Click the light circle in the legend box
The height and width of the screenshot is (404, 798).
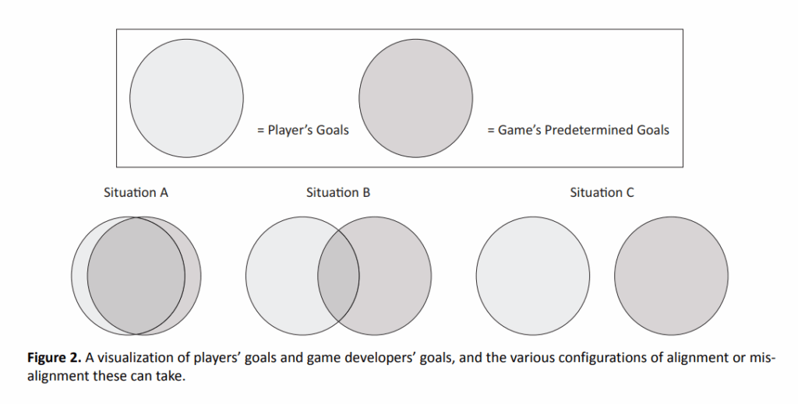[186, 98]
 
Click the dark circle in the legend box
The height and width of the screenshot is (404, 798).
[416, 98]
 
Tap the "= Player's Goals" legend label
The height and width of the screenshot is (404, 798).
[303, 130]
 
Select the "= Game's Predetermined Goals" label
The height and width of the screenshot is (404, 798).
[578, 130]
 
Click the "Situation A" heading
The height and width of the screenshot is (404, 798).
[136, 192]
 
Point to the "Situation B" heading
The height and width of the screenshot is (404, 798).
[338, 192]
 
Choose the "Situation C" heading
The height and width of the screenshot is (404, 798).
[602, 192]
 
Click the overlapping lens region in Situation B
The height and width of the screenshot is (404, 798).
[338, 276]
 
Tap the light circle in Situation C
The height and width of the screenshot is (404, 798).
[533, 276]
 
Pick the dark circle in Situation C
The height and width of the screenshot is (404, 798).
[671, 276]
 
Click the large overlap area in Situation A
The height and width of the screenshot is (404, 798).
[136, 276]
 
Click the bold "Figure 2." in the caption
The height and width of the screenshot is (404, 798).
[54, 358]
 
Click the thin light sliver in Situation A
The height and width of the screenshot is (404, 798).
[79, 276]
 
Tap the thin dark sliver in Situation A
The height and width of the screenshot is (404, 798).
[193, 276]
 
